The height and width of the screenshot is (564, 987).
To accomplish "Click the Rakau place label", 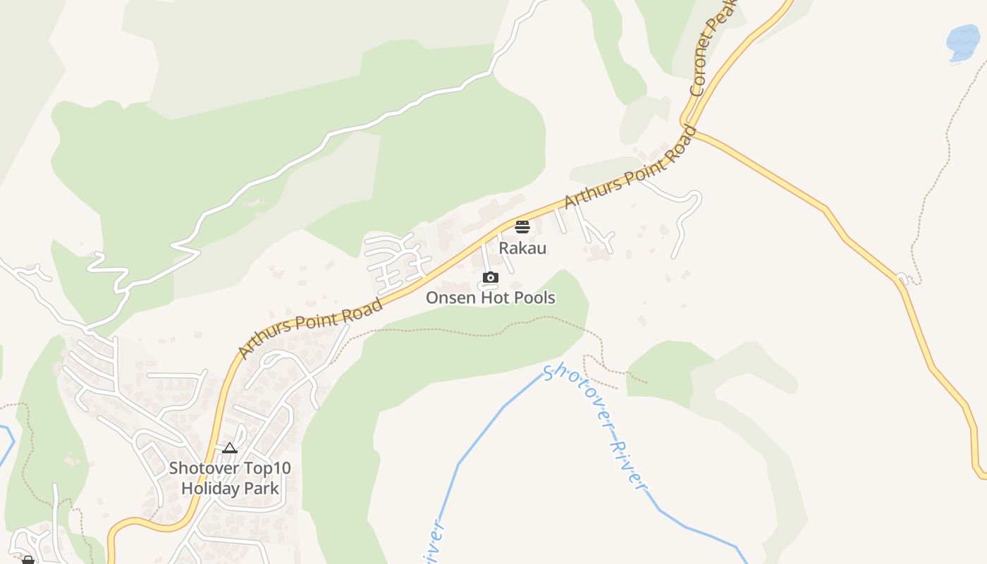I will pyautogui.click(x=522, y=248).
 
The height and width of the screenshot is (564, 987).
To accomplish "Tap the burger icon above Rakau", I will pyautogui.click(x=522, y=227).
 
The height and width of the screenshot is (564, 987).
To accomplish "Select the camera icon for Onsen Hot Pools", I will pyautogui.click(x=491, y=278).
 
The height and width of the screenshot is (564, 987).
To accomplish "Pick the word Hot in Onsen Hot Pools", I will pyautogui.click(x=496, y=298).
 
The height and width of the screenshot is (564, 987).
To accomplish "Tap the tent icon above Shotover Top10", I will pyautogui.click(x=230, y=448).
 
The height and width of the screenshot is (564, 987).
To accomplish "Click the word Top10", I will pyautogui.click(x=267, y=468).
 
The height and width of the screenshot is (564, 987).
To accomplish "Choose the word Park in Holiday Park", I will pyautogui.click(x=261, y=488).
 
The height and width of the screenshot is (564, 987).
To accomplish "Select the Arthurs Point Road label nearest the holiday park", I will pyautogui.click(x=310, y=328).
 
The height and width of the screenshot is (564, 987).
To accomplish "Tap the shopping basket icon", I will pyautogui.click(x=28, y=560).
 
